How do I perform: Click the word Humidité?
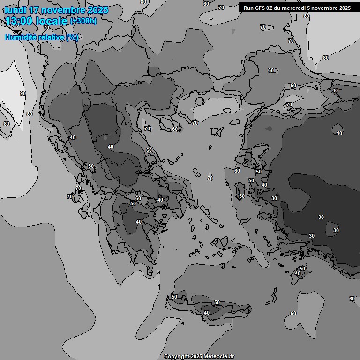[x=20, y=37]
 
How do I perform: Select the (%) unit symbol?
[x=72, y=37]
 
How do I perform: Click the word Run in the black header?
[x=248, y=8]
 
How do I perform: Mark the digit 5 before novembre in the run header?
[x=309, y=8]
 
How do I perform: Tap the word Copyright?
[x=177, y=357]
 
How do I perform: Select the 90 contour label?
[x=23, y=93]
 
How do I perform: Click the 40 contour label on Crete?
[x=207, y=313]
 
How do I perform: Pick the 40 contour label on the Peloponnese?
[x=139, y=222]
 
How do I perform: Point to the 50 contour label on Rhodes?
[x=302, y=269]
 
